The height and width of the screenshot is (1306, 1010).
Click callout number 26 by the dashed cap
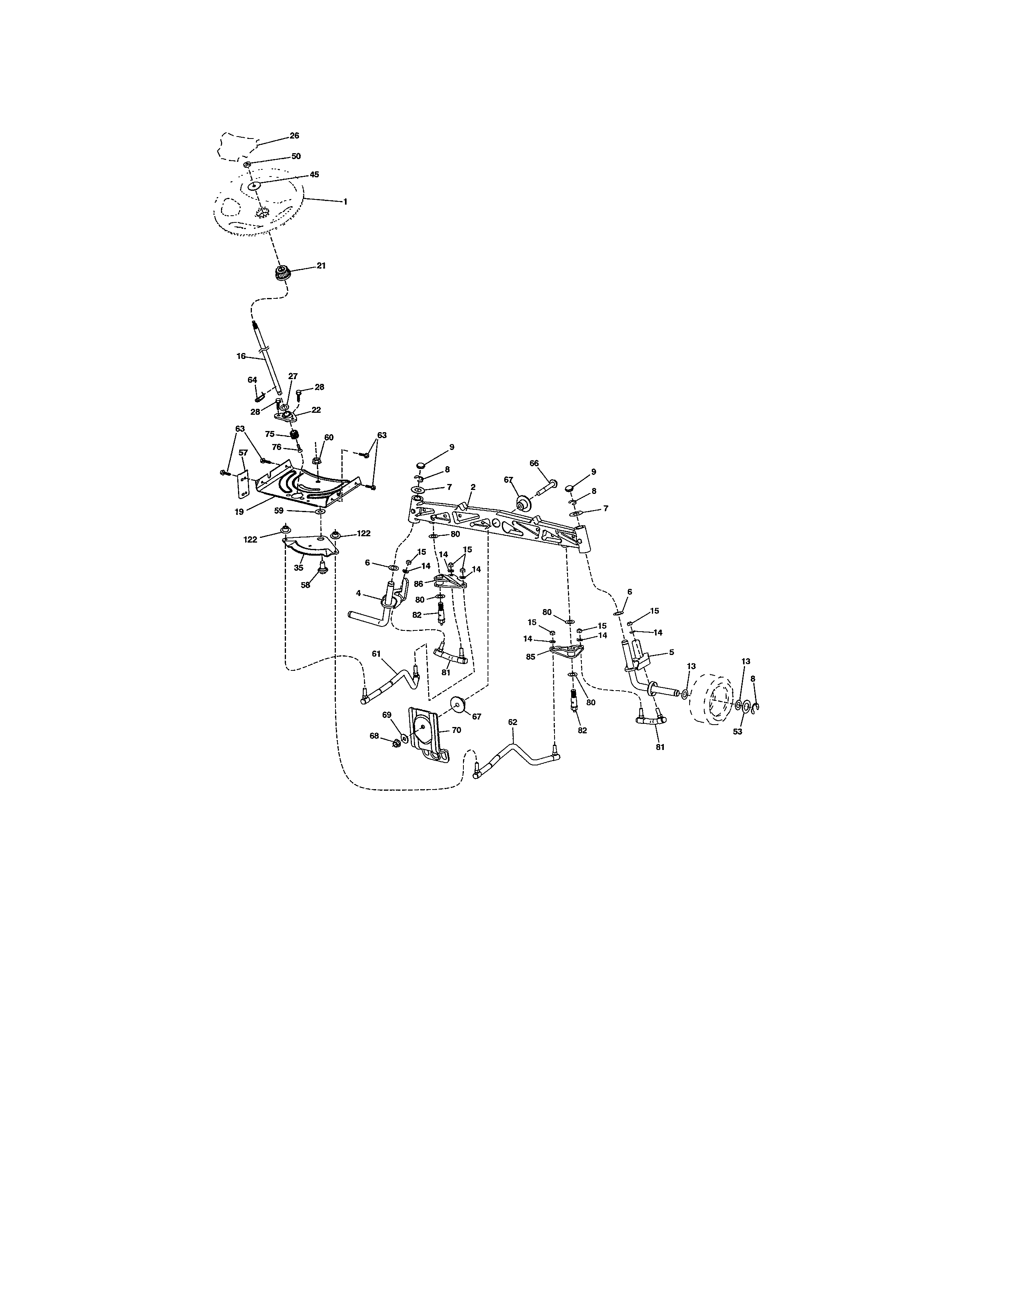pyautogui.click(x=294, y=136)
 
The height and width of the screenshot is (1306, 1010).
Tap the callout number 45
pyautogui.click(x=314, y=175)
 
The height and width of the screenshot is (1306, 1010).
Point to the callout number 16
pyautogui.click(x=241, y=356)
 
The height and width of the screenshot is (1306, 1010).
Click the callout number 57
pyautogui.click(x=243, y=453)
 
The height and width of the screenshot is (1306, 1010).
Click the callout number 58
pyautogui.click(x=305, y=585)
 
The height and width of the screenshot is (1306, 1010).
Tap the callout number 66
pyautogui.click(x=534, y=463)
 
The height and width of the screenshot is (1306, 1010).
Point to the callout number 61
pyautogui.click(x=376, y=654)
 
